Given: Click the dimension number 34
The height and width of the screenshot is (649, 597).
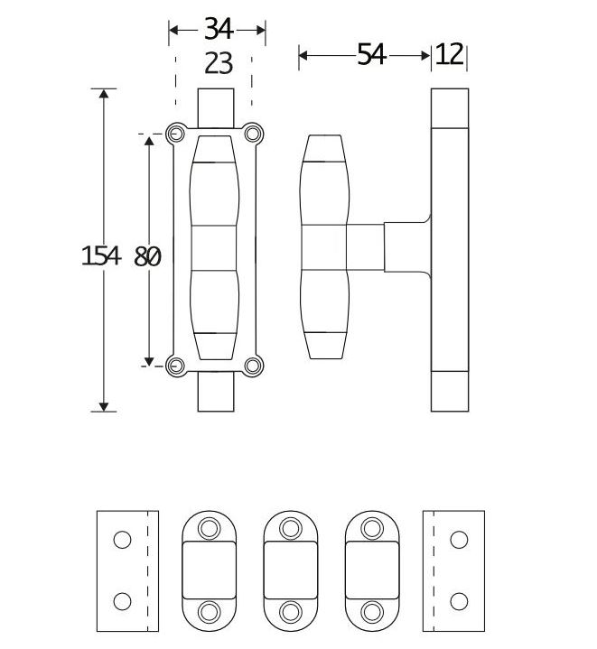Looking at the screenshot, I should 218,29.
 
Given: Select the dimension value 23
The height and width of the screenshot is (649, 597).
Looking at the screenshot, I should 218,63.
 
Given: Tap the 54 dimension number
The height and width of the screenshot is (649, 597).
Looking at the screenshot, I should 371,55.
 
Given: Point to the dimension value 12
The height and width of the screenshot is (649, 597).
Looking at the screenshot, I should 449,55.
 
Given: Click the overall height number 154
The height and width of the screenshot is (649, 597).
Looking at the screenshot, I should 100,256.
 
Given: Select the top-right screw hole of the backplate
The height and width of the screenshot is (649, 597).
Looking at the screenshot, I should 254,135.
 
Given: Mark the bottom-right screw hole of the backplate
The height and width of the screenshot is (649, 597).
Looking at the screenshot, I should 254,365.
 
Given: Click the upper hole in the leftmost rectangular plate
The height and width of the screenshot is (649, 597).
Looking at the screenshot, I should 122,540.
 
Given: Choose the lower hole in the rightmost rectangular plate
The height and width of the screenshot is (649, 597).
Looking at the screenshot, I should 459,601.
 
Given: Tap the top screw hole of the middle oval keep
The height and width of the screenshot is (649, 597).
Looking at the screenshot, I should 291,526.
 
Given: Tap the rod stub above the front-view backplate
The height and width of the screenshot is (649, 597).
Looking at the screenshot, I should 217,106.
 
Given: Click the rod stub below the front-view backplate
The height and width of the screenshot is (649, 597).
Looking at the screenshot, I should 217,394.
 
